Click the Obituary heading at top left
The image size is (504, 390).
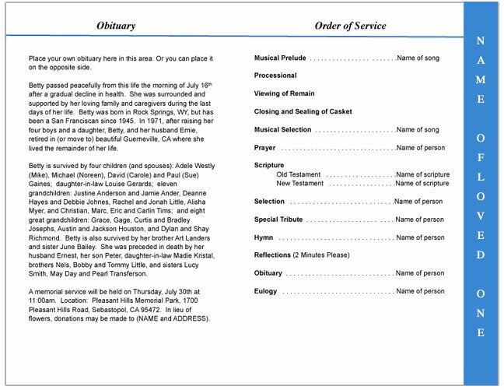point(115,26)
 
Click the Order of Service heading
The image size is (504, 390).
point(350,26)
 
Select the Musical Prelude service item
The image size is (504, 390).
point(280,58)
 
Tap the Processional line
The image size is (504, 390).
point(275,76)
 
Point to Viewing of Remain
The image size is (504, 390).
point(285,93)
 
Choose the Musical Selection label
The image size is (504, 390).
point(282,129)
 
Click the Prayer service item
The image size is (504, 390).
point(264,147)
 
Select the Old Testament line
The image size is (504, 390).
point(299,174)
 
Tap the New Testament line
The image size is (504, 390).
point(301,184)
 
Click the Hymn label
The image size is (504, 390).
point(264,237)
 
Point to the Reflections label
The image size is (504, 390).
point(272,255)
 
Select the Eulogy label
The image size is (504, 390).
point(265,291)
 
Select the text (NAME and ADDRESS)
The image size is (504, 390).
point(176,318)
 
